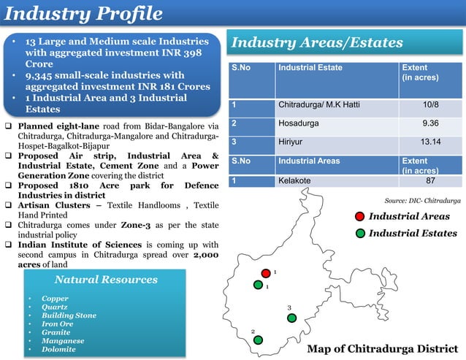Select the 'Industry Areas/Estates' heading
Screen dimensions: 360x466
(x=317, y=43)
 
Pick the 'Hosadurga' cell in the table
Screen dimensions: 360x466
(x=299, y=123)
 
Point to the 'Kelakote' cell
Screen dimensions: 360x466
(x=294, y=180)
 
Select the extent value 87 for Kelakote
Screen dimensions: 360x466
(x=431, y=180)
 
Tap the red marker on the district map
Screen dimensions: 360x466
(x=266, y=273)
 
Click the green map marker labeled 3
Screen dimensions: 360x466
(x=291, y=318)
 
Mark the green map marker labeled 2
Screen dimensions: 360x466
(x=258, y=340)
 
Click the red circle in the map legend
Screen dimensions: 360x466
(x=359, y=216)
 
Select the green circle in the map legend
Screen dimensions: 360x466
(x=359, y=234)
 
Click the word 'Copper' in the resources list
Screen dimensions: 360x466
(x=55, y=299)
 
